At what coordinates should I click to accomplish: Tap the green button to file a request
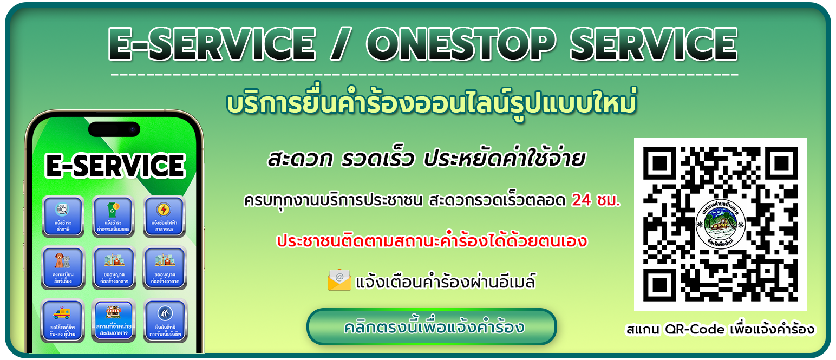coord(432,327)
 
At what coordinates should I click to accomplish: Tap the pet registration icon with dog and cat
coord(62,267)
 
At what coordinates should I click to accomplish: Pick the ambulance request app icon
coord(62,319)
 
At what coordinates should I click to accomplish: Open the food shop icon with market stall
coord(113,319)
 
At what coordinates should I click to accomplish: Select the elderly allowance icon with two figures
coord(164,319)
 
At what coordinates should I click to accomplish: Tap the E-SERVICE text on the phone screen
coord(115,166)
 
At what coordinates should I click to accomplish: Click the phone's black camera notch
coord(114,129)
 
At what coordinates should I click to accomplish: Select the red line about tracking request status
coord(432,241)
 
